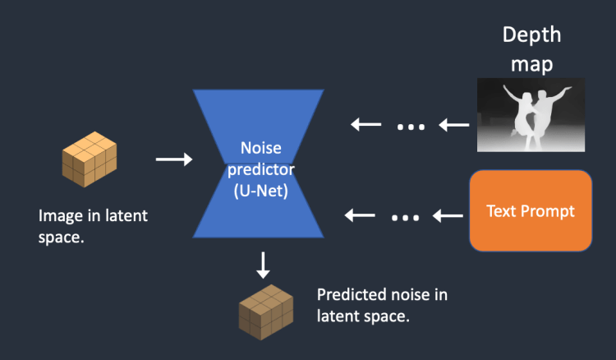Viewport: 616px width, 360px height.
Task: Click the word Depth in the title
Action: [531, 35]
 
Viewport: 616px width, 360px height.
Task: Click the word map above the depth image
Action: [531, 63]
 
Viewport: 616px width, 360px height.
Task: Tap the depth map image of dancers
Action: [531, 115]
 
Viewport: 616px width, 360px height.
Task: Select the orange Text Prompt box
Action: [531, 210]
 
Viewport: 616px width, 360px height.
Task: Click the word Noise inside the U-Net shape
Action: [261, 148]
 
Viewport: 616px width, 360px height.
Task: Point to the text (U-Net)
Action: [261, 192]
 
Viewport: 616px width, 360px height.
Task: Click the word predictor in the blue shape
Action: [261, 170]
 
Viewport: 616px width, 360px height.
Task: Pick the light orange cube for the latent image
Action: [90, 159]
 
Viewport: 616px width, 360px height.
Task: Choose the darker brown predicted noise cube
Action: [266, 312]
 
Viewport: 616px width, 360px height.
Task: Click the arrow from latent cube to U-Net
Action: [174, 159]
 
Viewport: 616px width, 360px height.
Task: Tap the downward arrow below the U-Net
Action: [263, 265]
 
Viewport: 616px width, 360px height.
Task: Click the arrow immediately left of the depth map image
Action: [453, 125]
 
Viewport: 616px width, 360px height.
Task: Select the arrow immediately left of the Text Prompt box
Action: [448, 215]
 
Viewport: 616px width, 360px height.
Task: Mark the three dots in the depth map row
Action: [411, 127]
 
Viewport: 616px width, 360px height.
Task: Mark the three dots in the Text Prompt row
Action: [406, 217]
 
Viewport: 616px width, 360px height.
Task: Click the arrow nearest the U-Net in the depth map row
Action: [365, 125]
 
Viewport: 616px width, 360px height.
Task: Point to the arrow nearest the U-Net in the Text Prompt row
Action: [360, 215]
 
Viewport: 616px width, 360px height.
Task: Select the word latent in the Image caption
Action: [126, 215]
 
